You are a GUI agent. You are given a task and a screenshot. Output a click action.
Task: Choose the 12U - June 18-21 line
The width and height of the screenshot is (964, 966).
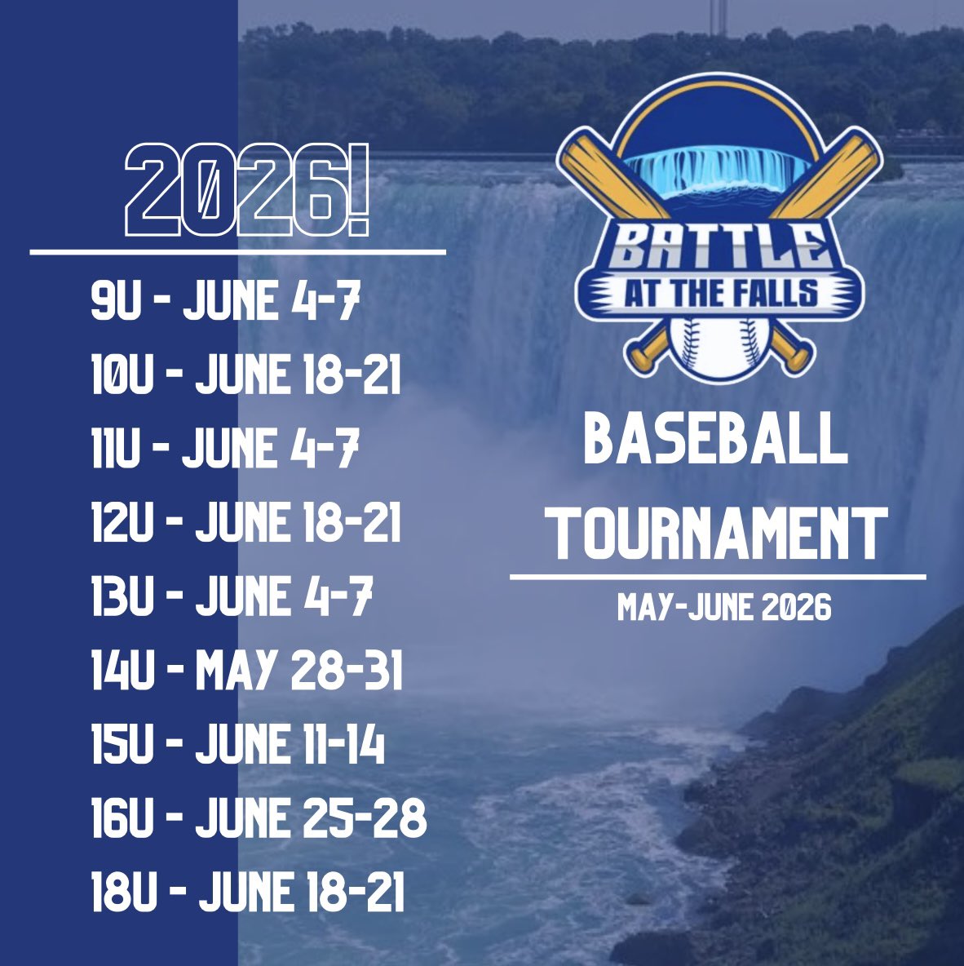(246, 523)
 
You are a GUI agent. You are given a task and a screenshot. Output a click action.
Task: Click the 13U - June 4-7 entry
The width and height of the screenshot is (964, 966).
(232, 596)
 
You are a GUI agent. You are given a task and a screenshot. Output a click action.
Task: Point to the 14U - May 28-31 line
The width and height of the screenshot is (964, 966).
(247, 671)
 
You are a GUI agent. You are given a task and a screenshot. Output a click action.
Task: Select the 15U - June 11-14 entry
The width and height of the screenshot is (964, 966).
(238, 744)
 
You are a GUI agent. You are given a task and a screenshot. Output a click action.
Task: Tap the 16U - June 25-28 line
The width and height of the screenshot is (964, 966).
(259, 818)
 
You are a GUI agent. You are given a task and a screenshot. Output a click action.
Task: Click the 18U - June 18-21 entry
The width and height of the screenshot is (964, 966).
(248, 892)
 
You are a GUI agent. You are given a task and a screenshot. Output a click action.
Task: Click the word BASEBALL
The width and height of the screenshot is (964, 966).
(716, 440)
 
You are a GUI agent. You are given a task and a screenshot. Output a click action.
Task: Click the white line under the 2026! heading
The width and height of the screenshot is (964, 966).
(238, 252)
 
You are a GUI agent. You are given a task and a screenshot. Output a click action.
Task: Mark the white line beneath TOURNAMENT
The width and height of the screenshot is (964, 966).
(718, 577)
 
